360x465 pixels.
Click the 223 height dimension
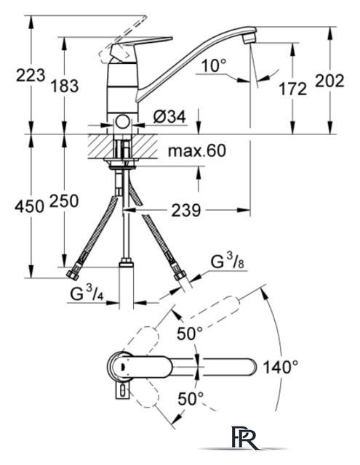31,75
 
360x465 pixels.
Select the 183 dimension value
65,86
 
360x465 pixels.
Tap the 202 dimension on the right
329,81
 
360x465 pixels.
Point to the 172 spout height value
292,89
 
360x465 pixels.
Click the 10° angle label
214,65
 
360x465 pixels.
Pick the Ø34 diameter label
169,117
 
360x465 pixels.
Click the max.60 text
197,150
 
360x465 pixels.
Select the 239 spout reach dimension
186,210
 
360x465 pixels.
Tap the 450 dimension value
29,206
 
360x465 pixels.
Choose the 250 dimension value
64,201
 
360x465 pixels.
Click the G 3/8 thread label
227,262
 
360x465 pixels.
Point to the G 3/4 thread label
87,294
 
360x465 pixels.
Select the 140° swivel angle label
281,367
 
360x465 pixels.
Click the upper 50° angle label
190,333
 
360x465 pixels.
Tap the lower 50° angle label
191,398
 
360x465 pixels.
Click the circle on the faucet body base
122,122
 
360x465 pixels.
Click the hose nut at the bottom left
73,275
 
